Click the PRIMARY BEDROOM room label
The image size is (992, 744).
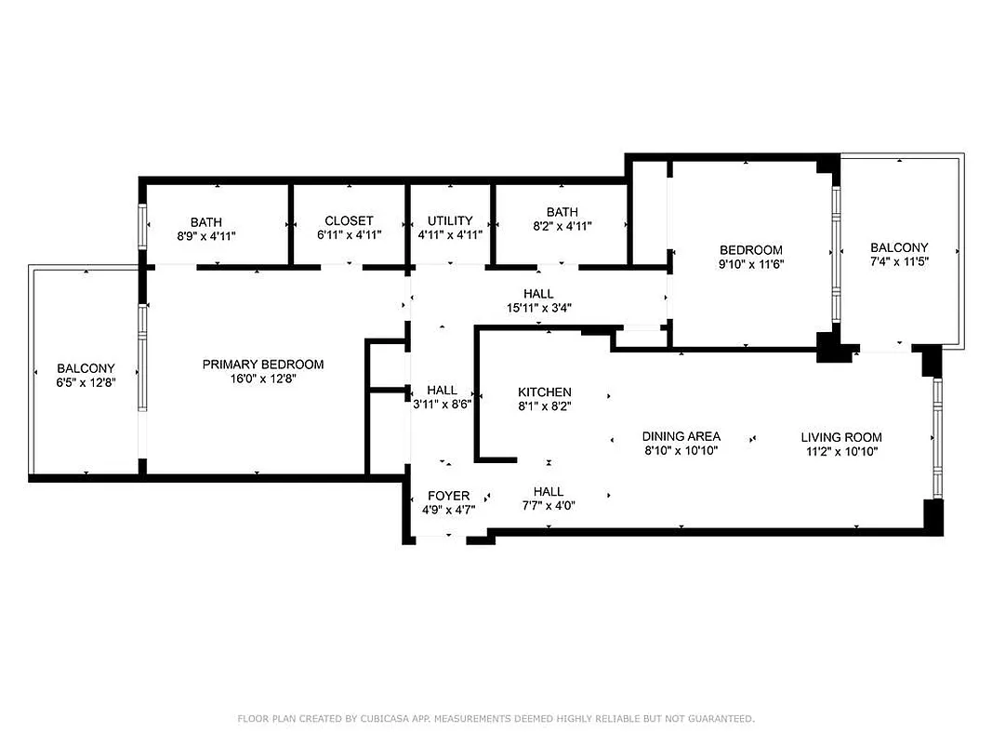pyautogui.click(x=263, y=364)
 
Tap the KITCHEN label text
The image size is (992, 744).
pyautogui.click(x=545, y=392)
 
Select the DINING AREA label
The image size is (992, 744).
pyautogui.click(x=681, y=436)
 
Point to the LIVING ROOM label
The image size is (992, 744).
pyautogui.click(x=841, y=437)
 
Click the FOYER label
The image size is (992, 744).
pyautogui.click(x=448, y=496)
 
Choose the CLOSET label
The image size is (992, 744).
pyautogui.click(x=349, y=221)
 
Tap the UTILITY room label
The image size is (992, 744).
pyautogui.click(x=450, y=221)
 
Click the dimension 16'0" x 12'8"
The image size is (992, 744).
pyautogui.click(x=263, y=379)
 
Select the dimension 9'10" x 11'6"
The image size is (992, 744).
pyautogui.click(x=751, y=265)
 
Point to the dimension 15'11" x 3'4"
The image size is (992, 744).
pyautogui.click(x=538, y=308)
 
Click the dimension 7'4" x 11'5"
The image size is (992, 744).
pyautogui.click(x=899, y=261)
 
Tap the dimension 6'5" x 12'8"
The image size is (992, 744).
pyautogui.click(x=86, y=382)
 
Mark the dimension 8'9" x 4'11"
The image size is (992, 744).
pyautogui.click(x=206, y=236)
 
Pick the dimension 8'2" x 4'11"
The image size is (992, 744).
pyautogui.click(x=562, y=226)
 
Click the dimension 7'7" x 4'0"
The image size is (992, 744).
pyautogui.click(x=548, y=506)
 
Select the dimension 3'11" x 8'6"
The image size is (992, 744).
pyautogui.click(x=442, y=405)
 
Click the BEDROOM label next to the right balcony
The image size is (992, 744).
pyautogui.click(x=751, y=250)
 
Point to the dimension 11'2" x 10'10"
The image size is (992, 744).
pyautogui.click(x=841, y=451)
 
